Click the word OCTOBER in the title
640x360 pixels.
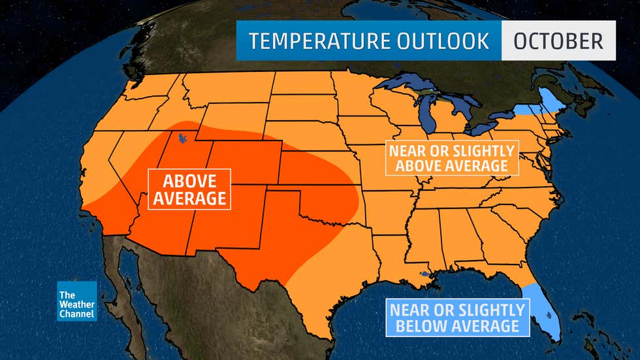click(558, 41)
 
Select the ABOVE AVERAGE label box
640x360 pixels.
click(189, 189)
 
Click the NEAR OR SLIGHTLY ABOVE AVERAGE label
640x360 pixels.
click(451, 157)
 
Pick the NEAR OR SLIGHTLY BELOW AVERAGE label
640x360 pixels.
click(456, 317)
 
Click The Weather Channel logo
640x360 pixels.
click(77, 301)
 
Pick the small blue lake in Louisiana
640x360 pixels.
click(425, 274)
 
